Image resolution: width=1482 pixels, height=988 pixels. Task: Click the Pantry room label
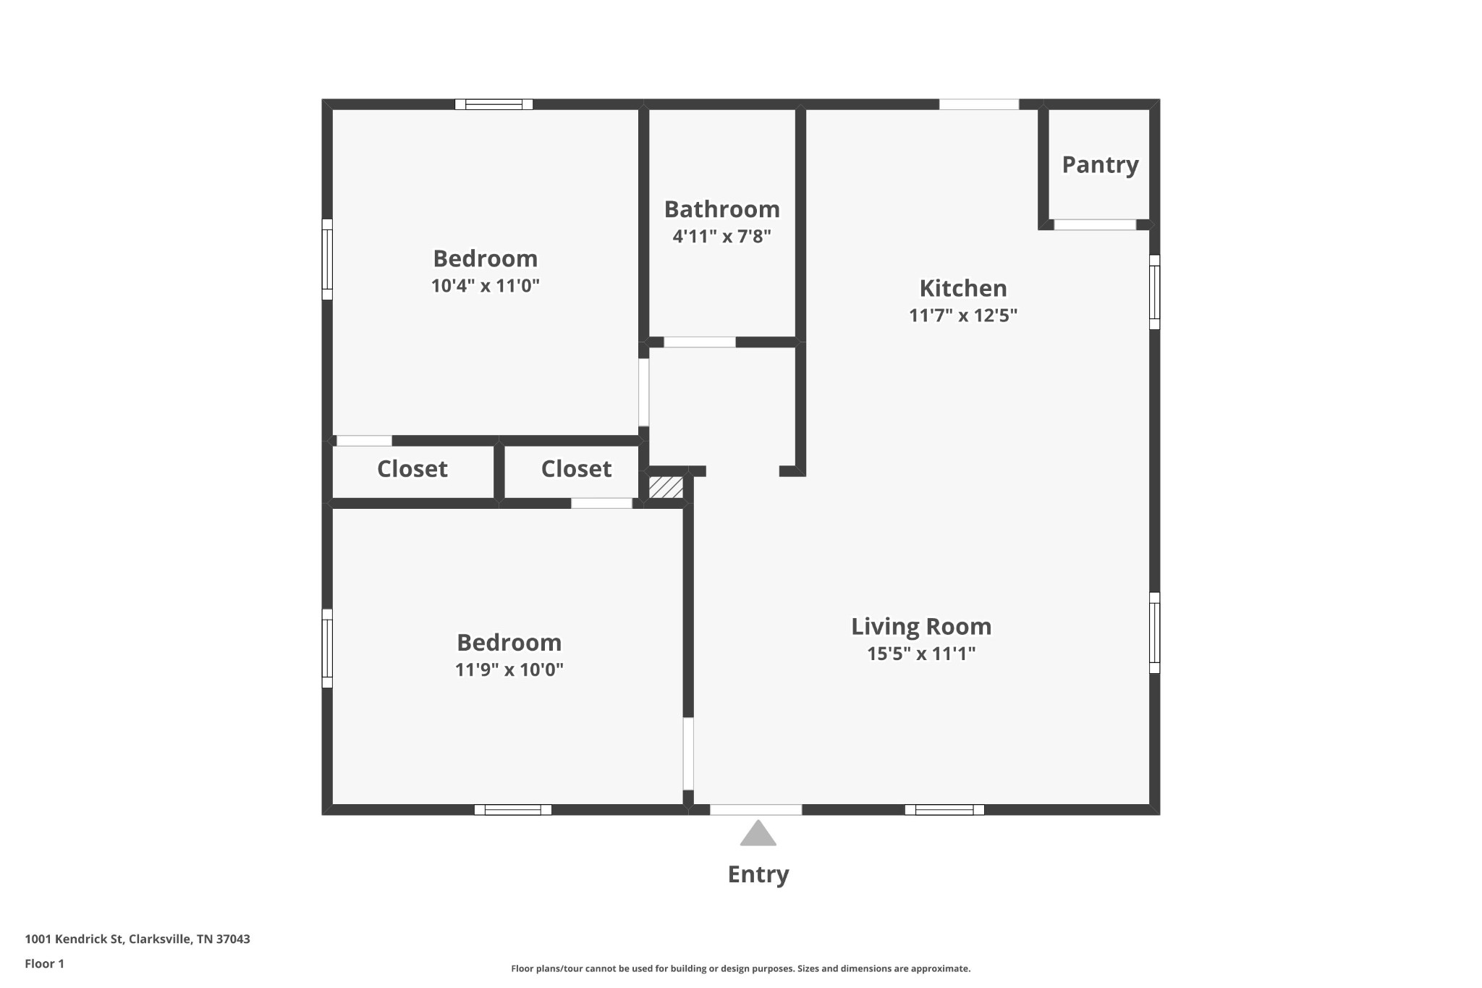click(x=1100, y=166)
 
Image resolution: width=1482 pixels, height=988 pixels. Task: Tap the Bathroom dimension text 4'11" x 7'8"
click(x=722, y=236)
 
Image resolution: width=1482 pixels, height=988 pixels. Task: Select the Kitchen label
click(x=963, y=288)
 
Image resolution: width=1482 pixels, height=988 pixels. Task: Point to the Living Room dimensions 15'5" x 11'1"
click(x=921, y=654)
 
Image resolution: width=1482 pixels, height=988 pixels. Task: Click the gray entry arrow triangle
click(x=758, y=834)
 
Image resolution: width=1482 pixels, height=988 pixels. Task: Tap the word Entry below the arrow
click(x=758, y=875)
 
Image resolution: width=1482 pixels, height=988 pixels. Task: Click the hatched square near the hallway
click(x=666, y=486)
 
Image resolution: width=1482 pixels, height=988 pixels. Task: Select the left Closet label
click(x=412, y=469)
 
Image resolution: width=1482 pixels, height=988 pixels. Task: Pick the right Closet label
click(x=576, y=469)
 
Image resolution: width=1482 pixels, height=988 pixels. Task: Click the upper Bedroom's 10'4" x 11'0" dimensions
click(x=486, y=286)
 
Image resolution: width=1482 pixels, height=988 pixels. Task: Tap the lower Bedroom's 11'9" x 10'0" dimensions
click(x=509, y=670)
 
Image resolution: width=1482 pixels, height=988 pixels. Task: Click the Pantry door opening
click(x=1095, y=225)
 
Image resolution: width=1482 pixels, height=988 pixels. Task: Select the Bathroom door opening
click(x=700, y=342)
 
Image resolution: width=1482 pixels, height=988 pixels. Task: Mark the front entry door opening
click(x=755, y=810)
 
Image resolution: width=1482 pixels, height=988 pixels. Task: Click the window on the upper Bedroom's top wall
click(x=494, y=104)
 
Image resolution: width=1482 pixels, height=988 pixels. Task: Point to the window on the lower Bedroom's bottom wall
click(x=512, y=810)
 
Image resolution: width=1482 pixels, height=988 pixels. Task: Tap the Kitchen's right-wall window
click(x=1155, y=292)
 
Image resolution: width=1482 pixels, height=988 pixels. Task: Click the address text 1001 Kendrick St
click(x=75, y=940)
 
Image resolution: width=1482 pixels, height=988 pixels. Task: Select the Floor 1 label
click(x=44, y=964)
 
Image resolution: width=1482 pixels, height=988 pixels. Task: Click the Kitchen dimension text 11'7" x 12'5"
click(x=963, y=316)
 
